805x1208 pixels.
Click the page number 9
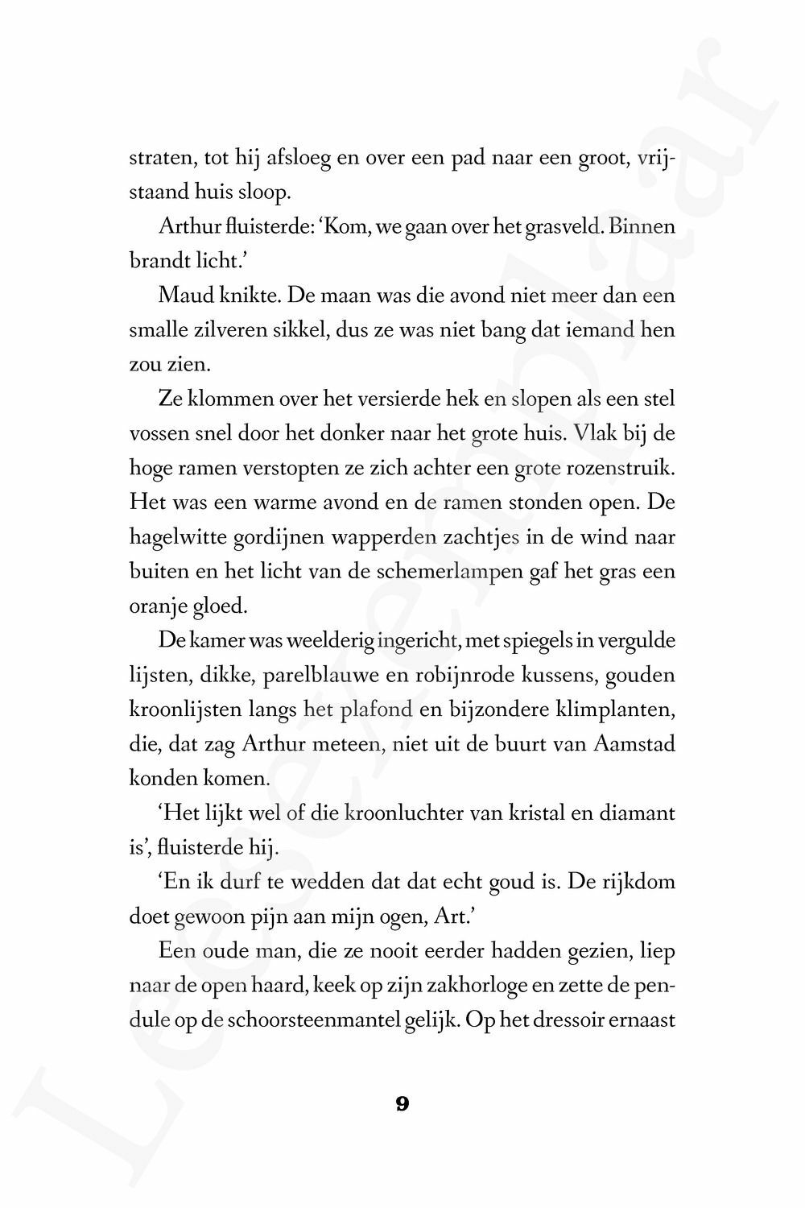pyautogui.click(x=402, y=1104)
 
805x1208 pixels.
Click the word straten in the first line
pyautogui.click(x=162, y=159)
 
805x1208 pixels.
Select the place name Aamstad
pyautogui.click(x=634, y=744)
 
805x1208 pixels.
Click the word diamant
pyautogui.click(x=636, y=813)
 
